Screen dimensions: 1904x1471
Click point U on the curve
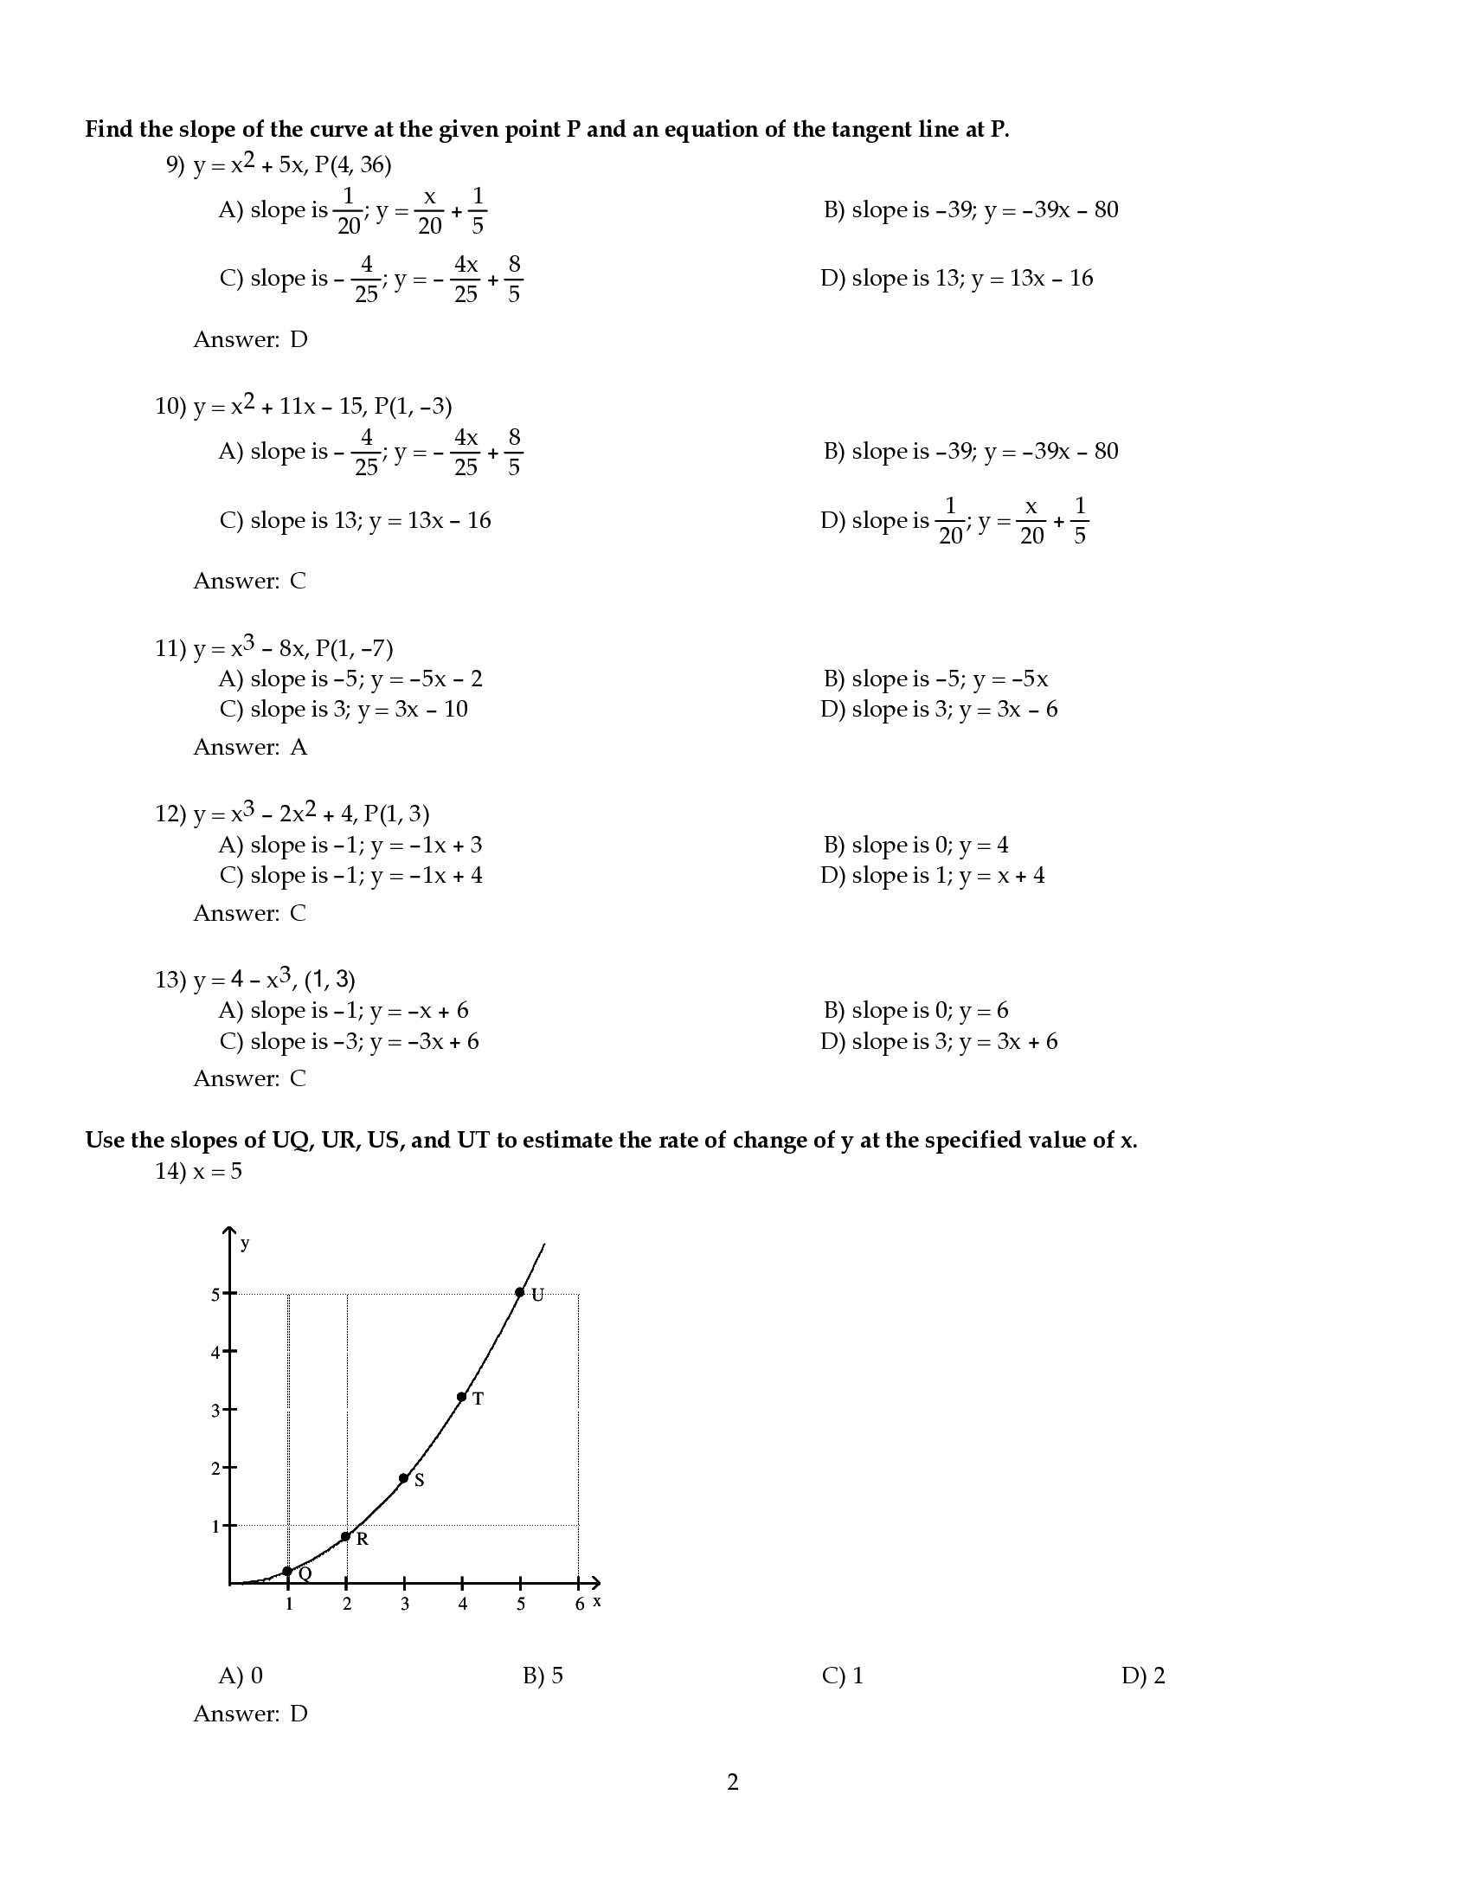519,1292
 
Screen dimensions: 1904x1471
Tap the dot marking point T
462,1397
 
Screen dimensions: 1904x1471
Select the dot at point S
403,1477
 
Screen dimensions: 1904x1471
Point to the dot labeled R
346,1536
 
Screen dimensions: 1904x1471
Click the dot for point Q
287,1571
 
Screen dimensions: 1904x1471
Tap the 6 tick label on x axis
580,1604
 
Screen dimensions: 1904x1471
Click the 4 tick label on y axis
215,1353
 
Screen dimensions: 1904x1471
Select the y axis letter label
245,1243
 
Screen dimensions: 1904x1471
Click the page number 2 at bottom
733,1782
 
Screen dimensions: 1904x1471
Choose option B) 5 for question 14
543,1676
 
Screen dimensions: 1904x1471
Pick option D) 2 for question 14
1142,1676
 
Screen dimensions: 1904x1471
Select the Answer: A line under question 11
250,747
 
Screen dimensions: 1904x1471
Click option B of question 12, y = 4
915,845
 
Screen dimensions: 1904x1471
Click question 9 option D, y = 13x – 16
956,278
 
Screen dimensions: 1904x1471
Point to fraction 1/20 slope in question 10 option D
950,520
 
